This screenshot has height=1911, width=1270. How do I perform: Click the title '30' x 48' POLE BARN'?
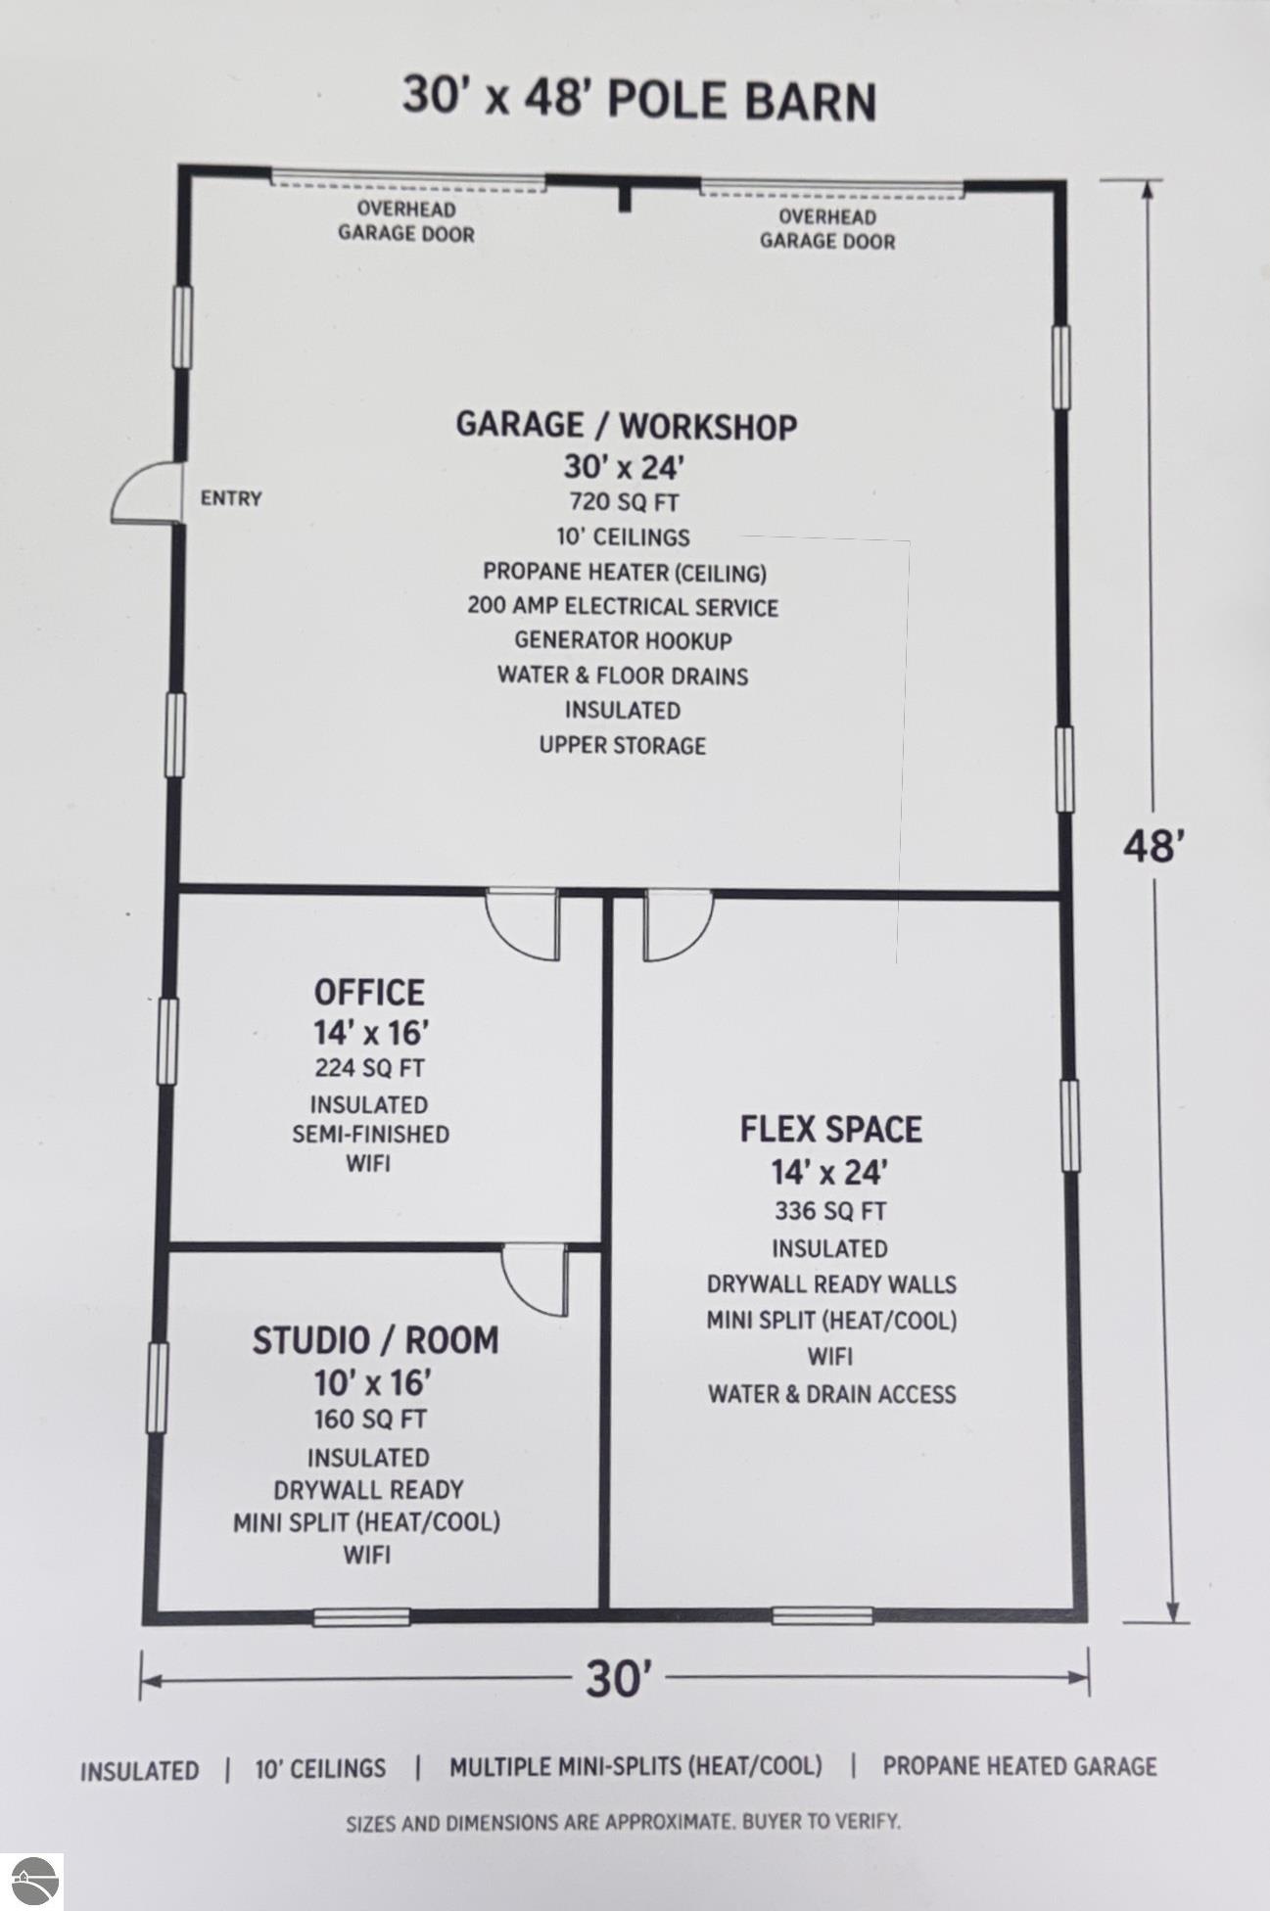click(x=639, y=99)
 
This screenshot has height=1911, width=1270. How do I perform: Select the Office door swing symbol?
click(x=523, y=924)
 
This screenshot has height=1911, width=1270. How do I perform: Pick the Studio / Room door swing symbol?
click(x=535, y=1281)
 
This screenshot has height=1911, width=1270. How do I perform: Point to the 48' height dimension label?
click(x=1154, y=845)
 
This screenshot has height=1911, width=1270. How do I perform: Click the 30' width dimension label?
click(x=620, y=1679)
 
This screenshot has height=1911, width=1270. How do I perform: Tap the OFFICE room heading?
click(x=369, y=992)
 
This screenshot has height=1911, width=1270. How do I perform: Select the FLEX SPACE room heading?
click(x=830, y=1129)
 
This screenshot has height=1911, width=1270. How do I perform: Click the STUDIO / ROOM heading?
click(x=376, y=1339)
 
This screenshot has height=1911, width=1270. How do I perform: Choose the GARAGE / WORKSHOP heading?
click(x=627, y=426)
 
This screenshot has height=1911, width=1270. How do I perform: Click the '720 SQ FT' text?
click(x=625, y=502)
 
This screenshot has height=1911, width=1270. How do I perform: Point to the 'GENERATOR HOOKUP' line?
click(x=624, y=641)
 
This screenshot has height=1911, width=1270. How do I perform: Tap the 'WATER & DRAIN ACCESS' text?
click(x=832, y=1394)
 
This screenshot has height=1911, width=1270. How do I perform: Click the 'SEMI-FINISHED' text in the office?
click(x=371, y=1134)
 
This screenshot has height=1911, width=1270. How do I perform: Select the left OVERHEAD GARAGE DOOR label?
click(x=406, y=221)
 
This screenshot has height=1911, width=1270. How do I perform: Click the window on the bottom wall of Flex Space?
click(x=823, y=1615)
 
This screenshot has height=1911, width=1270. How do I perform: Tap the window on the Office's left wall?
click(x=167, y=1041)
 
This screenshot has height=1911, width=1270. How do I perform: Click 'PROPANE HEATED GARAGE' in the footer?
click(x=1019, y=1766)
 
